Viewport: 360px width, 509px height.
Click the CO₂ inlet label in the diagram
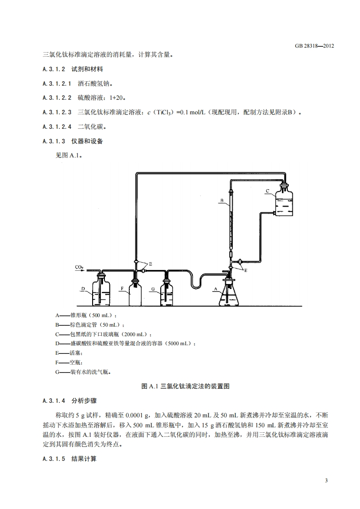click(x=79, y=268)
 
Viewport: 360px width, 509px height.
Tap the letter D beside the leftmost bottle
click(x=83, y=289)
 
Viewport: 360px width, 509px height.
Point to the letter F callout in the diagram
click(x=121, y=289)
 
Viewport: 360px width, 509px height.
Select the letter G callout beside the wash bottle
click(x=153, y=289)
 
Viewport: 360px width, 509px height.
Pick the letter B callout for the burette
click(x=222, y=200)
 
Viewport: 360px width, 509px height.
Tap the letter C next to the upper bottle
click(x=268, y=191)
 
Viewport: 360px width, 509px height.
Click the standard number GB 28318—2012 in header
click(x=314, y=46)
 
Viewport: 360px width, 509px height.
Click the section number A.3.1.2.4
click(x=57, y=127)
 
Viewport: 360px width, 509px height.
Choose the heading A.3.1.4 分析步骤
click(x=73, y=401)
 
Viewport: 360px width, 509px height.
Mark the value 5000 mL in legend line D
click(x=179, y=343)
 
